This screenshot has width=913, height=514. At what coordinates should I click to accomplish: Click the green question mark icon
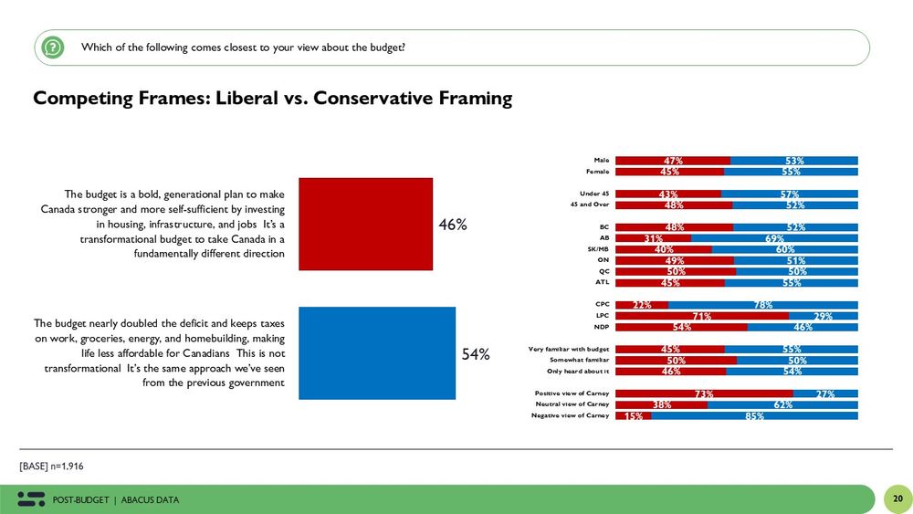coord(54,47)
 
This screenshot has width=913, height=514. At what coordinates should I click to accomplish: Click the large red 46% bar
coord(366,224)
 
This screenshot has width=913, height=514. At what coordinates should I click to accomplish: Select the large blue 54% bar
coord(377,353)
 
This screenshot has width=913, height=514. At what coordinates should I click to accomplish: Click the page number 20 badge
coord(897,498)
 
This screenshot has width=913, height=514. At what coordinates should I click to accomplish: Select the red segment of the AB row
coord(653,237)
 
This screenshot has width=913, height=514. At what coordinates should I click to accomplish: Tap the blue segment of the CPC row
coord(762,304)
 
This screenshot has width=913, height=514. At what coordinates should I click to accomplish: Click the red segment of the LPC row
coord(702,315)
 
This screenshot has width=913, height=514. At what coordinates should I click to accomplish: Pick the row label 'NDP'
coord(602,326)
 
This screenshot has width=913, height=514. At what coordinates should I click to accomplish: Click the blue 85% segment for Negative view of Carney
coord(754,415)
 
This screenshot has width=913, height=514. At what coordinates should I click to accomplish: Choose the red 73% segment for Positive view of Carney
coord(704,393)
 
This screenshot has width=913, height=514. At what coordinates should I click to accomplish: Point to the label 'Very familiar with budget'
coord(569,349)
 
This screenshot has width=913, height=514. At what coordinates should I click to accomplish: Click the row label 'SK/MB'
coord(597,248)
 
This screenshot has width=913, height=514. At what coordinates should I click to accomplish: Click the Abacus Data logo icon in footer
coord(31,498)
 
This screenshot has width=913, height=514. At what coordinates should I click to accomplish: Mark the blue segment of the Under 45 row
coord(789,194)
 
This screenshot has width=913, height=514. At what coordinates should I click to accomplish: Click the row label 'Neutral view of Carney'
coord(572,404)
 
